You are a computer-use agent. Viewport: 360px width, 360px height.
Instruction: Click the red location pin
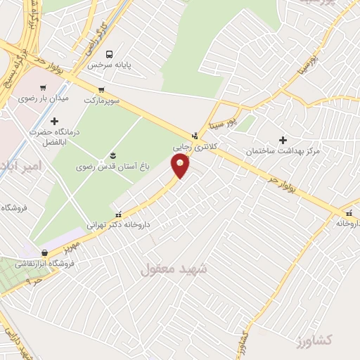click(x=181, y=166)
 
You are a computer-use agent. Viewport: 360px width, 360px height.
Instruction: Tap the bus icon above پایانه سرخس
click(x=109, y=53)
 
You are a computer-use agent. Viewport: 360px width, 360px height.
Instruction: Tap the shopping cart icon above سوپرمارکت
click(x=102, y=89)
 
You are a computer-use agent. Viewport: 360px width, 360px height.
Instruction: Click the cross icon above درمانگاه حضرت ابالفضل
click(x=54, y=121)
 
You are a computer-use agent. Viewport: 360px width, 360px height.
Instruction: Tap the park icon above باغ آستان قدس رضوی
click(x=112, y=155)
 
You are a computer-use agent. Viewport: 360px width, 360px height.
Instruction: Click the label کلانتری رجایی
click(x=193, y=147)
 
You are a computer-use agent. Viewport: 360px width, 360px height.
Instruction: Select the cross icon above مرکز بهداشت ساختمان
click(x=283, y=140)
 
